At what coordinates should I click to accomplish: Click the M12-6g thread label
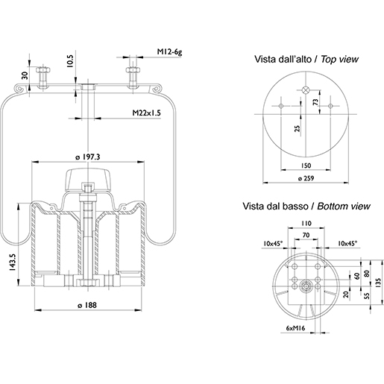pos(169,52)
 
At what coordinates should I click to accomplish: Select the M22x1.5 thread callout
pos(146,113)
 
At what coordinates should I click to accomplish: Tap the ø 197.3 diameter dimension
pos(88,157)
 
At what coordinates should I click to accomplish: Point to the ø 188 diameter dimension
pos(87,305)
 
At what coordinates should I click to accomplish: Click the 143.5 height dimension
pos(13,262)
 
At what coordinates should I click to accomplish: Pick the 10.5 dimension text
pos(70,61)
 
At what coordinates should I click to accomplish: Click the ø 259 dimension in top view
pos(306,178)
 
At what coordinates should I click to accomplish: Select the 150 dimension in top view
pos(306,166)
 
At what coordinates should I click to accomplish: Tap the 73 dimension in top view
pos(315,102)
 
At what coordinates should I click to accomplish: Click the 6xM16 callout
pos(295,328)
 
